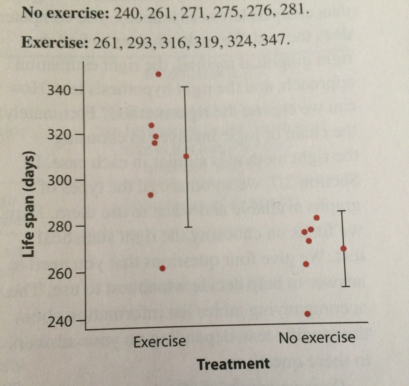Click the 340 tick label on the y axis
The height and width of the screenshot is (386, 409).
(x=58, y=90)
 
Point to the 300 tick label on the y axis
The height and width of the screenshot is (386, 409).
(x=58, y=180)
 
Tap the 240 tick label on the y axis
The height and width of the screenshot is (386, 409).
(x=58, y=321)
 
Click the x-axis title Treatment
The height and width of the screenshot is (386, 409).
(x=233, y=364)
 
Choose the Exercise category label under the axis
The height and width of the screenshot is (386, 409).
(x=159, y=342)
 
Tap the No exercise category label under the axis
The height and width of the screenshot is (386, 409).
(x=317, y=337)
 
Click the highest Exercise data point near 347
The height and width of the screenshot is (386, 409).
(x=158, y=74)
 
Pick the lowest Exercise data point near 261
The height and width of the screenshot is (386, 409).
(x=162, y=269)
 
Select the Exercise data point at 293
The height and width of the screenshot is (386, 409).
(x=151, y=195)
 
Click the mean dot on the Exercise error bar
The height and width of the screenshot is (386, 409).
(x=186, y=156)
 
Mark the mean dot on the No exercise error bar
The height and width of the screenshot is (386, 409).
(x=343, y=248)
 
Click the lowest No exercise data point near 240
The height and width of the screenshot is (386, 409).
(x=307, y=314)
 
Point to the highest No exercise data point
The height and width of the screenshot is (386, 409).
(x=317, y=218)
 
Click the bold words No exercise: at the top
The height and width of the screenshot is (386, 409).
(x=66, y=13)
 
